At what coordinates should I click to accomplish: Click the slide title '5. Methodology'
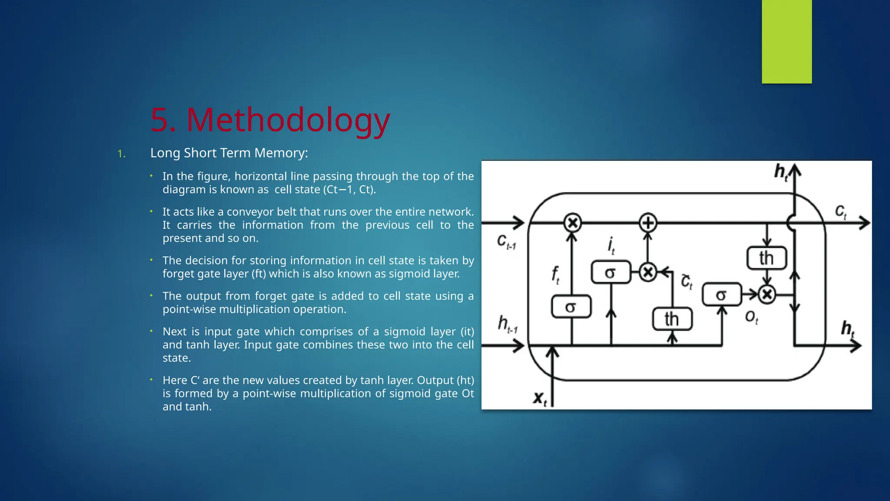point(270,120)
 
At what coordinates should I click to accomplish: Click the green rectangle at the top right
point(787,41)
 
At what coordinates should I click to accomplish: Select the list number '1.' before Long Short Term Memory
point(122,154)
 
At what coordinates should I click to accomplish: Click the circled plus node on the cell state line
point(648,223)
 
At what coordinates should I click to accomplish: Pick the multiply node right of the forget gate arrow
point(572,223)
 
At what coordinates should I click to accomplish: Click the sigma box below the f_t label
point(571,307)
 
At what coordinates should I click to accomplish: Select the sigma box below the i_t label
point(611,272)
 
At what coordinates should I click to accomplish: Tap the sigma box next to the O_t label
point(721,294)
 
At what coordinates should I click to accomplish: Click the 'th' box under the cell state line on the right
point(767,258)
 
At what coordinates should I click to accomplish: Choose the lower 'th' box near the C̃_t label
point(672,319)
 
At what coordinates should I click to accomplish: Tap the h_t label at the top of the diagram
point(781,172)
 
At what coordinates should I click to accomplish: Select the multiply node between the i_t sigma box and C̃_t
point(648,273)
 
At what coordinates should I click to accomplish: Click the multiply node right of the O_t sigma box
point(767,294)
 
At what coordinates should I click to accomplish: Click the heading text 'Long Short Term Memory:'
point(229,153)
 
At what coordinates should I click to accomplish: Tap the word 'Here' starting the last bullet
point(175,380)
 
